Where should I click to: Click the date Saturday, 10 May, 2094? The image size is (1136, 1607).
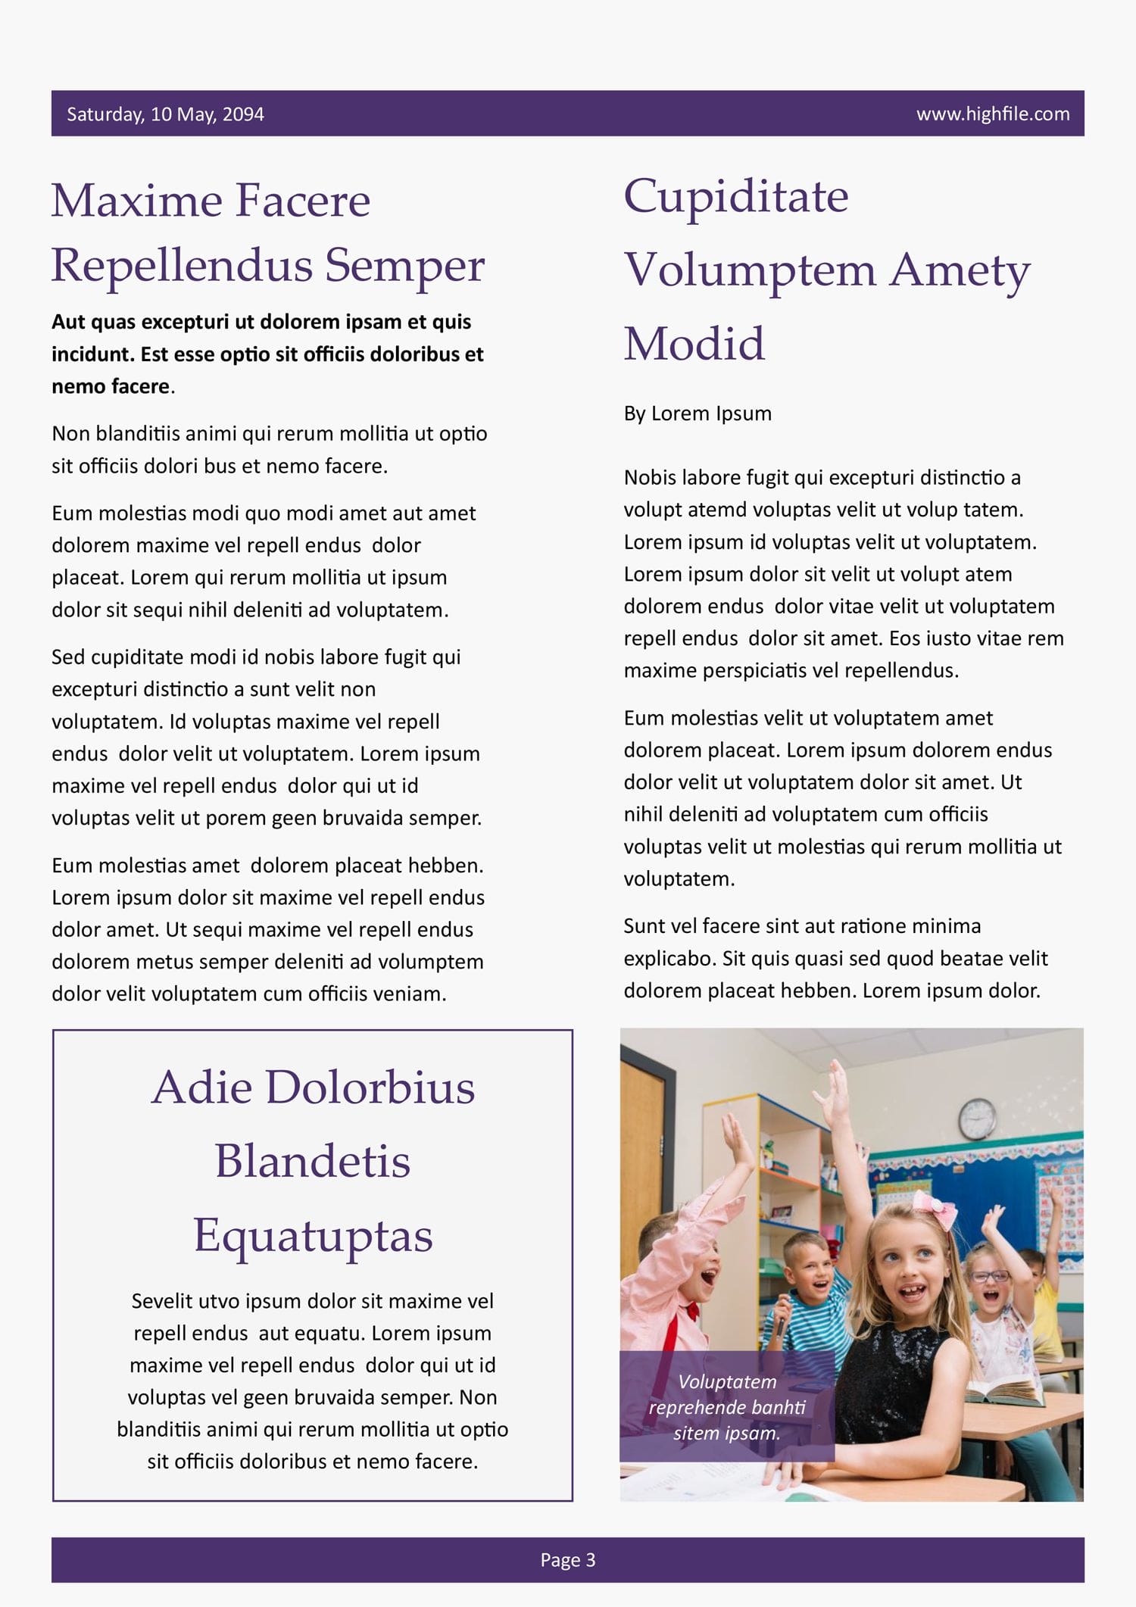(x=165, y=114)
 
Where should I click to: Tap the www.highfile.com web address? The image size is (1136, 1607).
(x=992, y=114)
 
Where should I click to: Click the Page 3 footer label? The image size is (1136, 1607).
(x=568, y=1559)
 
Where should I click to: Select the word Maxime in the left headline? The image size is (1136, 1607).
(x=136, y=201)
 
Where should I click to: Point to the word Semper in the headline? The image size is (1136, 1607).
(x=404, y=267)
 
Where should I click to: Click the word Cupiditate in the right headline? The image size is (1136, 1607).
(x=735, y=197)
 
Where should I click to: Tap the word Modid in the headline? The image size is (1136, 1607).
(x=694, y=344)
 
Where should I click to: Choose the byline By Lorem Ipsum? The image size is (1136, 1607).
(x=698, y=413)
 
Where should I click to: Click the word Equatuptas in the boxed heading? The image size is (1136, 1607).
(x=313, y=1236)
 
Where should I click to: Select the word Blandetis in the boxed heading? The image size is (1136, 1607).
(x=313, y=1162)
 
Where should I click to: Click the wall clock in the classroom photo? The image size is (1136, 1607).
(x=978, y=1119)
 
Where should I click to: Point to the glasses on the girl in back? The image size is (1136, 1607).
(x=989, y=1276)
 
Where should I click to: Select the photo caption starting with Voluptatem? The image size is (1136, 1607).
(x=727, y=1407)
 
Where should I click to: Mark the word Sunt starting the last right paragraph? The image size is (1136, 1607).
(x=644, y=926)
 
